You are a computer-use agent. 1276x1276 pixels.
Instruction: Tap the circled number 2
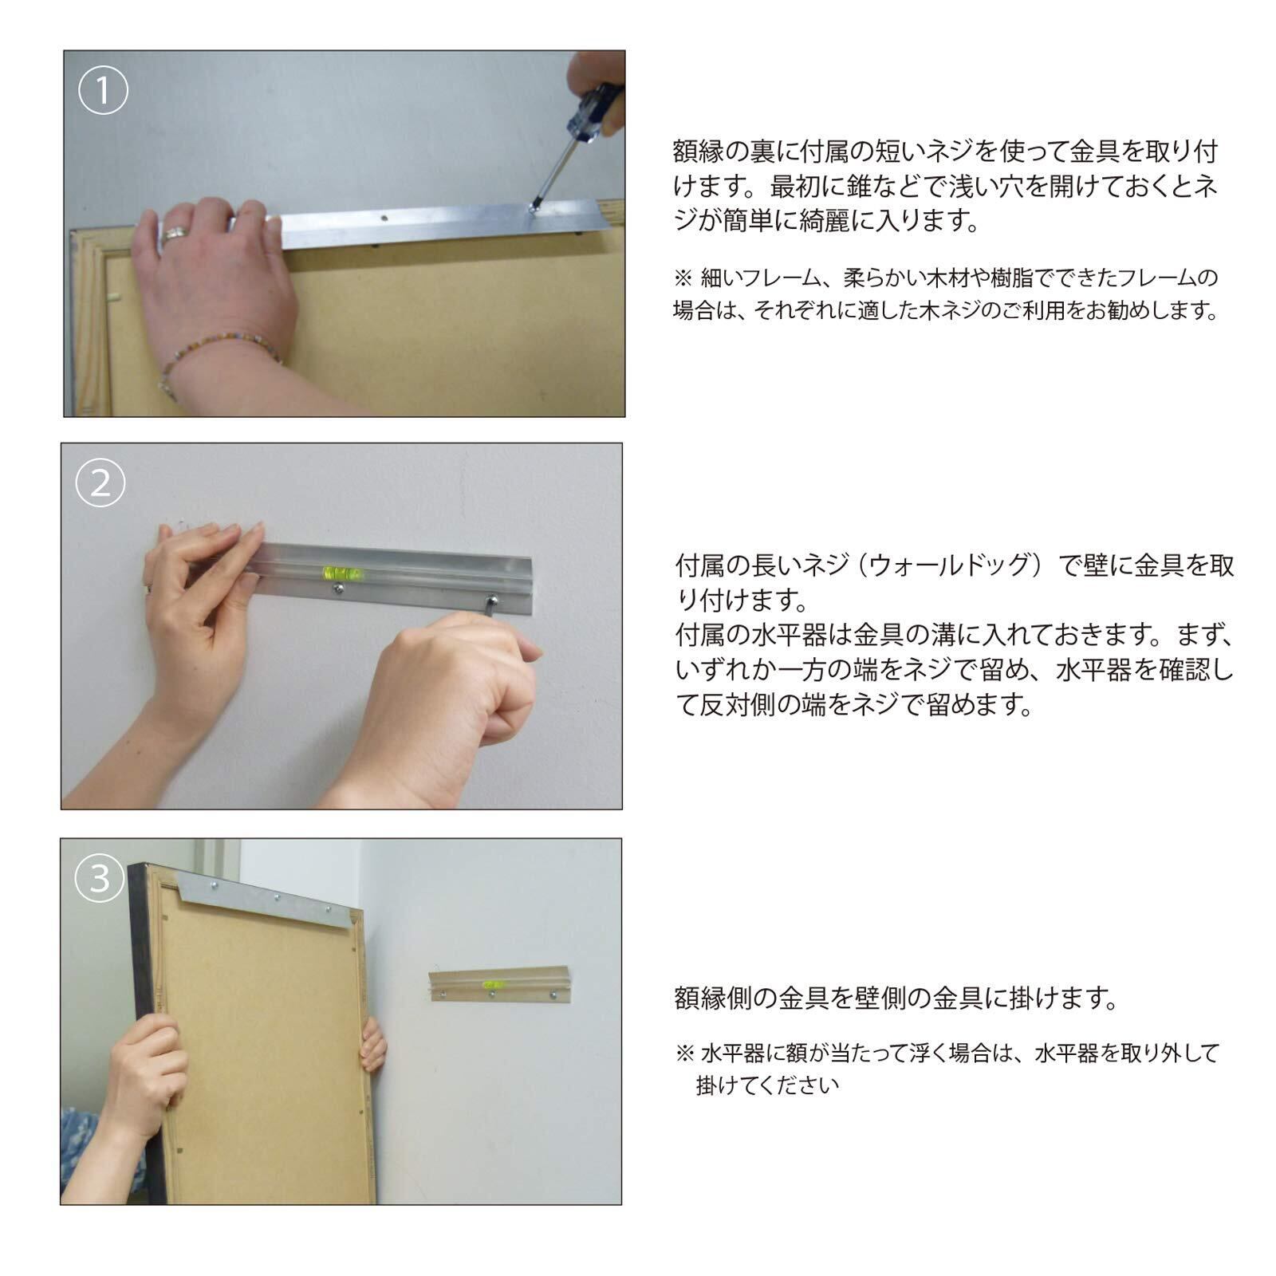(100, 482)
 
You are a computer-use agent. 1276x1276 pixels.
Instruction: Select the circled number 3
(100, 877)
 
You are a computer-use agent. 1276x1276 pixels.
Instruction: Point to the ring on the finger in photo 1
(175, 233)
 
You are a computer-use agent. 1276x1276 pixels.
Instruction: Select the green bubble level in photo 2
(339, 572)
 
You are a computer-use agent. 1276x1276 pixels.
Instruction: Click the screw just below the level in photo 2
(339, 589)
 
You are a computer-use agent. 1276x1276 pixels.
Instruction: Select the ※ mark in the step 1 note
(683, 278)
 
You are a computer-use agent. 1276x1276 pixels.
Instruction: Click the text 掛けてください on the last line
(767, 1085)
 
